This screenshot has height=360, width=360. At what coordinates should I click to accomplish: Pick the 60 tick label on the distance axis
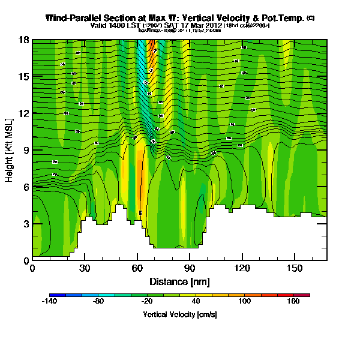coord(137,269)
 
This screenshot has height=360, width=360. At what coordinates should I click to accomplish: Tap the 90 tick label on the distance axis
coord(190,269)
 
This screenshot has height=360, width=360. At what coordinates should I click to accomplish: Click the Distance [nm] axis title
coord(179,281)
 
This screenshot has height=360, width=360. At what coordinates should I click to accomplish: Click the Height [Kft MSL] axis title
coord(10,150)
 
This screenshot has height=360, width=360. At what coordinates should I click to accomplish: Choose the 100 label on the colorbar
coord(244,302)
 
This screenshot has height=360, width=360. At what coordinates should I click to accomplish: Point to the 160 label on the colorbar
coord(293,302)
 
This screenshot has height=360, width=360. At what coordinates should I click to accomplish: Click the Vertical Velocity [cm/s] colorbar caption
coord(179,314)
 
